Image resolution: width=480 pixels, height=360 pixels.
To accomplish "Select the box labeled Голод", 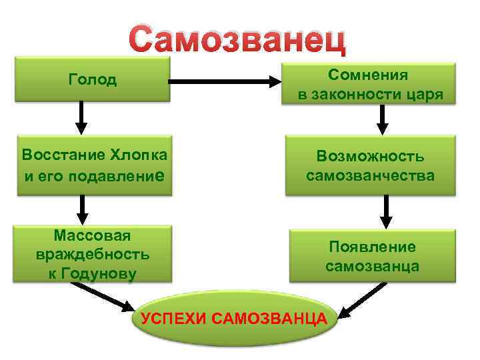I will [93, 80].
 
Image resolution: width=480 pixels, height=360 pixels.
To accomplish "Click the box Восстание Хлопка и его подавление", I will [94, 165].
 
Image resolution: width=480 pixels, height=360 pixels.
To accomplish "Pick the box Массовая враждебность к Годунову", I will [93, 254].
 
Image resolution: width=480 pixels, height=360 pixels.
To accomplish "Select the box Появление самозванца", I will [372, 256].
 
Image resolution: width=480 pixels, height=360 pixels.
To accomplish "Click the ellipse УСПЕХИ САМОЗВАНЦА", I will [234, 319].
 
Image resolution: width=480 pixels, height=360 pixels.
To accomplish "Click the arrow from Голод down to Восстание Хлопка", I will [81, 118].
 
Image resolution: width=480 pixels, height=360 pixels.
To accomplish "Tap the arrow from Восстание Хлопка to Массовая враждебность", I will [81, 210].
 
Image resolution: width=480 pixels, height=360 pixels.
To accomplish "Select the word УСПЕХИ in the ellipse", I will [173, 319].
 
